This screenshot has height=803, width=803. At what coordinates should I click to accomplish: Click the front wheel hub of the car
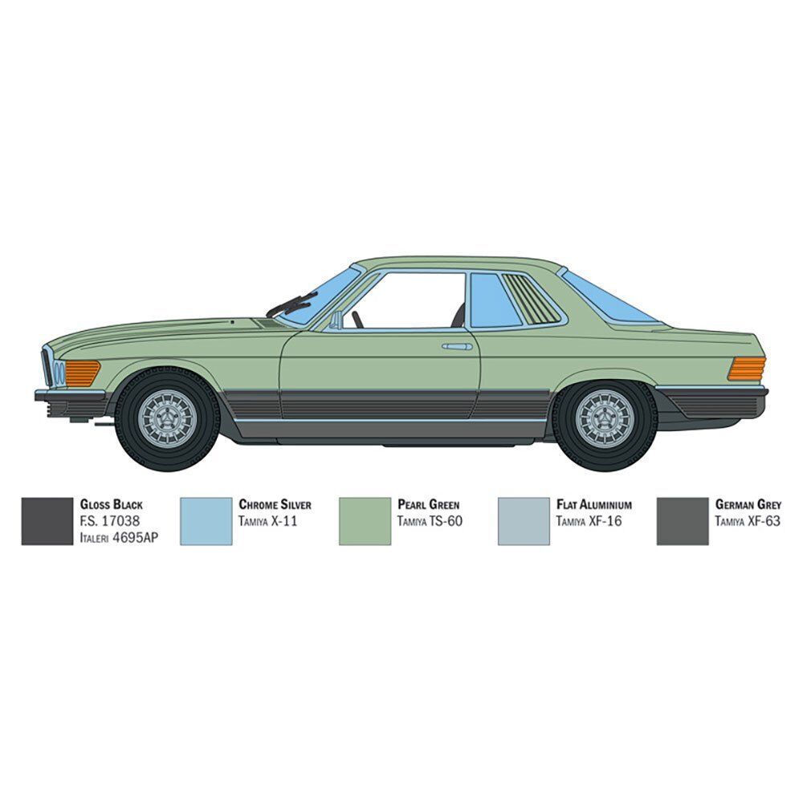(x=167, y=417)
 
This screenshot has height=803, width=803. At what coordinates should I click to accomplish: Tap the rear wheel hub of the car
(x=605, y=418)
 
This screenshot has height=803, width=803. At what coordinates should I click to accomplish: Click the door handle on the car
(x=457, y=346)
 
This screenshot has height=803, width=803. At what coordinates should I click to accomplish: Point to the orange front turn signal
(x=82, y=373)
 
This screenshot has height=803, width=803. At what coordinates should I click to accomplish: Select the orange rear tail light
(x=747, y=369)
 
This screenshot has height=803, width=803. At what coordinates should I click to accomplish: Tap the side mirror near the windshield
(x=336, y=320)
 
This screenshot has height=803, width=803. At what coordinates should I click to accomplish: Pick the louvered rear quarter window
(x=531, y=300)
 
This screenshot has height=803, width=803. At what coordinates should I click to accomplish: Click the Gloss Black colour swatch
(x=47, y=521)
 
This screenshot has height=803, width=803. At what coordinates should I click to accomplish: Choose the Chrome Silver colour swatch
(x=206, y=521)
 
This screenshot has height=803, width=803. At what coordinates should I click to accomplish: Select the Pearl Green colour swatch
(x=365, y=521)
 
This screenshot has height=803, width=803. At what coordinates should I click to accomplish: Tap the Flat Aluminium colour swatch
(x=524, y=521)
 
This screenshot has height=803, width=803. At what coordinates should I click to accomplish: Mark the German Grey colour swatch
(x=683, y=521)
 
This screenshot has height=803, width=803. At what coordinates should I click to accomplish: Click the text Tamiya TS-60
(x=430, y=521)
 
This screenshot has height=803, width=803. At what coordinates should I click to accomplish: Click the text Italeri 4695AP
(x=119, y=537)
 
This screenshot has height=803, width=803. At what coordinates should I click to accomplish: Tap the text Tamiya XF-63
(x=749, y=521)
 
